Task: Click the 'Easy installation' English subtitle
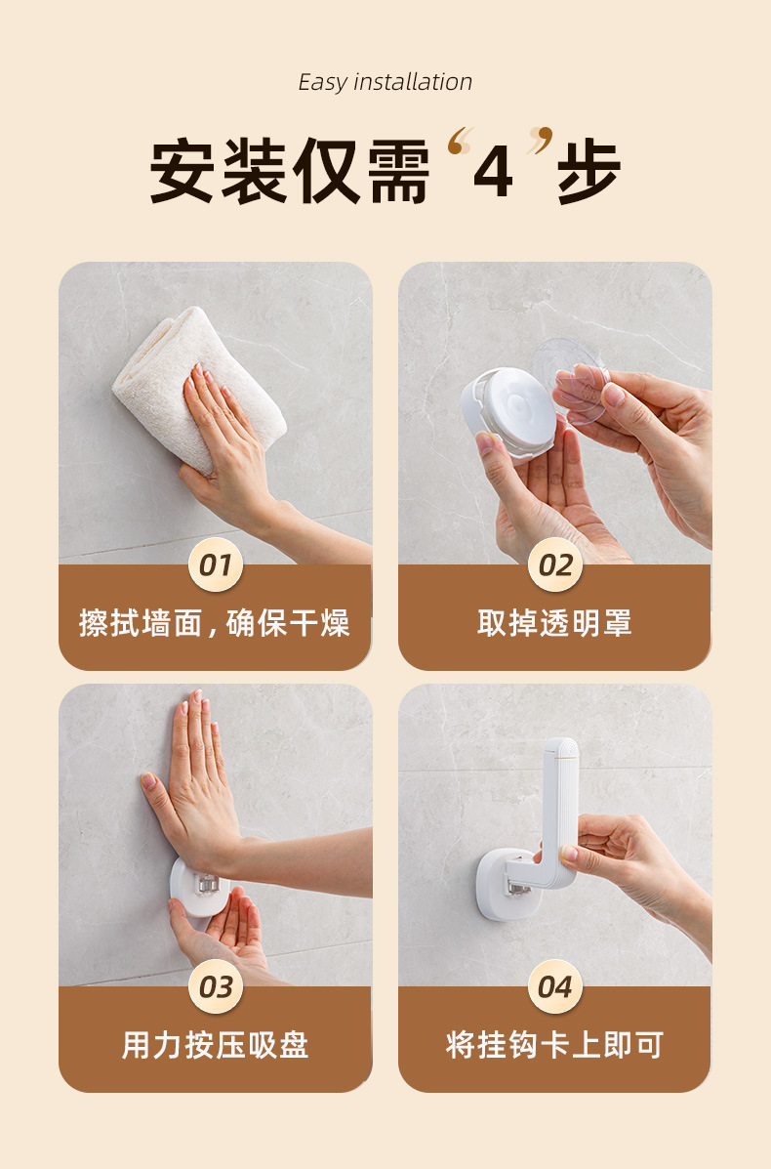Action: [385, 82]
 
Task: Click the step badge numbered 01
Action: [216, 565]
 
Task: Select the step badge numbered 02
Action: [555, 565]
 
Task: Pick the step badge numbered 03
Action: [216, 987]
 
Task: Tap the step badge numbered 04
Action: [555, 987]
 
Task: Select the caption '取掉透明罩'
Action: [555, 623]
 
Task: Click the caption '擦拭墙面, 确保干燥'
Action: [215, 623]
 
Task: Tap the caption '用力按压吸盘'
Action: [216, 1045]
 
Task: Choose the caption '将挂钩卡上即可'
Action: [555, 1045]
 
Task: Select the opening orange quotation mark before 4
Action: [460, 141]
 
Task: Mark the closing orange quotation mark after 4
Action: [541, 141]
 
